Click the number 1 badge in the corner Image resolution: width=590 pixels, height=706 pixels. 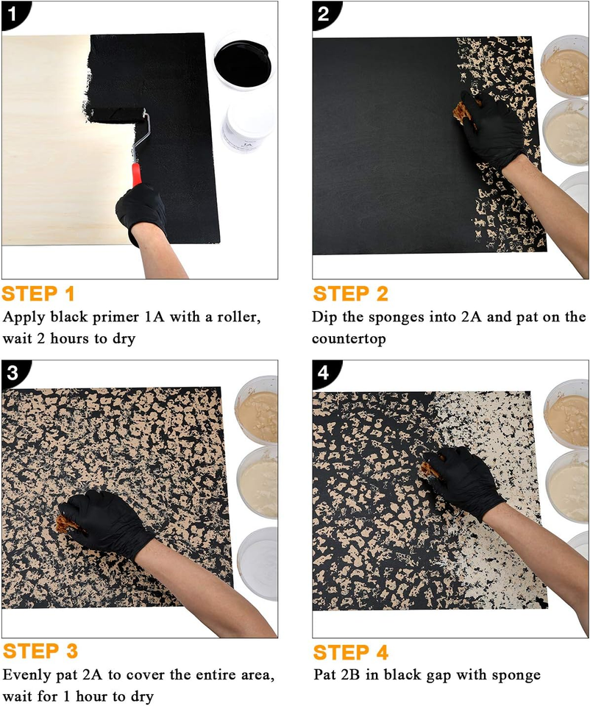(x=11, y=12)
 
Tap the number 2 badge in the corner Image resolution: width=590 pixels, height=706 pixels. (x=321, y=12)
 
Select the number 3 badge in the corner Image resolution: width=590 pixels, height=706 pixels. (x=11, y=372)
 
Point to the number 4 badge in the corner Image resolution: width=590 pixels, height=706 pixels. (x=321, y=372)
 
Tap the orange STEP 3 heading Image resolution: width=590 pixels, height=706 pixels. (x=40, y=652)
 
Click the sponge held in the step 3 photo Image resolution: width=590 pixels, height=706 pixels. (x=63, y=523)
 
